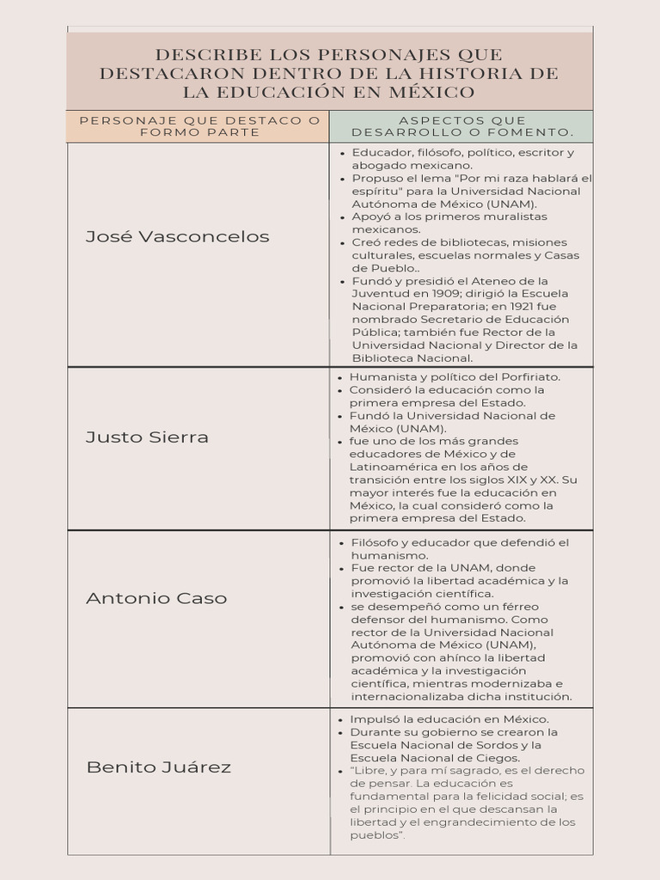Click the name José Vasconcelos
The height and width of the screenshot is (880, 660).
(177, 236)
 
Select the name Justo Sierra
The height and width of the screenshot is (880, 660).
(147, 437)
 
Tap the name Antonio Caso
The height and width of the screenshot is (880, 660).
(156, 598)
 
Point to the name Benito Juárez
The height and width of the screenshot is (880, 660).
(159, 767)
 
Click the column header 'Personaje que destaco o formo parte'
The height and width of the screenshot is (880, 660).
(199, 126)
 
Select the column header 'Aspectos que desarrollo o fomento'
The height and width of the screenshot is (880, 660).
(462, 126)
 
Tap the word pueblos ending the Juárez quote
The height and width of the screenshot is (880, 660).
(374, 835)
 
